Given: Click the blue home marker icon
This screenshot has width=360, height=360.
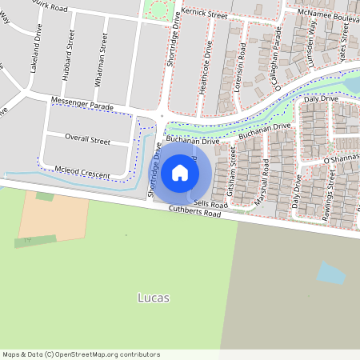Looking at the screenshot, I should coord(180,172).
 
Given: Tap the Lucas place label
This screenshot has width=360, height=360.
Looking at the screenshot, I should coord(152,298).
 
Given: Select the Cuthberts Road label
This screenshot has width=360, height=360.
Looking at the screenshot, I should coord(194,212).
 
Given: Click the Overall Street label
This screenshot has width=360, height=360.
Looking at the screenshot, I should coord(87,139).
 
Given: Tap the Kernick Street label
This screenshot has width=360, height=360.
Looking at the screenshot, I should coord(204,14).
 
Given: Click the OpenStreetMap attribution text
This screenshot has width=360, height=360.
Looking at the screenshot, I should coord(80,354).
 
